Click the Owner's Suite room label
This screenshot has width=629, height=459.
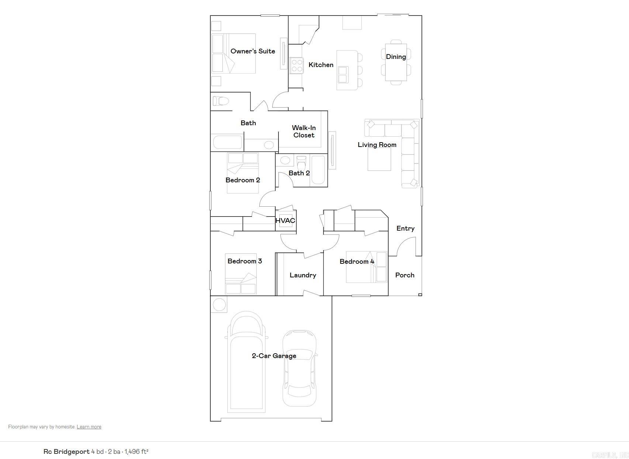[253, 51]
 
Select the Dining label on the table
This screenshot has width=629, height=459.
[396, 57]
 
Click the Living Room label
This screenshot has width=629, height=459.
[377, 145]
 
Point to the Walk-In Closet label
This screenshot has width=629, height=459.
[304, 132]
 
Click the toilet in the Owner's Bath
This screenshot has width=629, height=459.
[221, 101]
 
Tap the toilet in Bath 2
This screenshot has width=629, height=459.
[301, 162]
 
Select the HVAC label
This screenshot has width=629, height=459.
[285, 221]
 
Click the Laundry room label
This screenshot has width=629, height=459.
[303, 275]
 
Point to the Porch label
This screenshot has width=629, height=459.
[405, 275]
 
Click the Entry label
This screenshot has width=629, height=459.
[405, 228]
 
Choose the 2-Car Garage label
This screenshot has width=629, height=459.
[274, 356]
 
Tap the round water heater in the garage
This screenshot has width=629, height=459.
[219, 305]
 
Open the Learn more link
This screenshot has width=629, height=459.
[89, 427]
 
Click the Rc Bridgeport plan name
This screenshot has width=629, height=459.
[66, 452]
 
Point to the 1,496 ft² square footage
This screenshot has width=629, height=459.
[136, 452]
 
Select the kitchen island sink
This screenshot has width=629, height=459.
[343, 74]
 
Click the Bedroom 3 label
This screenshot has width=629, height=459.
[245, 261]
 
